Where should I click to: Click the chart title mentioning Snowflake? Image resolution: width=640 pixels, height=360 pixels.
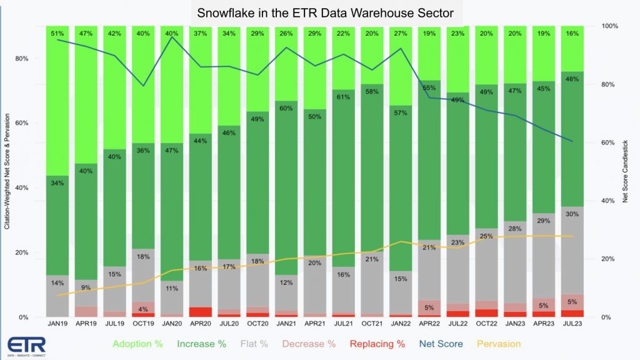(319, 12)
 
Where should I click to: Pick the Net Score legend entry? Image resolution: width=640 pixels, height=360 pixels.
(442, 344)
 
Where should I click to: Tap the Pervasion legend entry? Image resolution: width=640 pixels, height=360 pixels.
(499, 344)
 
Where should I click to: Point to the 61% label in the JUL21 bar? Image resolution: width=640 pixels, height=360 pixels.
(342, 97)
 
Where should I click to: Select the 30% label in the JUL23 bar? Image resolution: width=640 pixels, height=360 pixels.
(572, 214)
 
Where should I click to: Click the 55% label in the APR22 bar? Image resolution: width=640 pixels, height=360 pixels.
(429, 88)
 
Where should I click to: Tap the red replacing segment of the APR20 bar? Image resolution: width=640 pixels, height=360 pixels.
(200, 311)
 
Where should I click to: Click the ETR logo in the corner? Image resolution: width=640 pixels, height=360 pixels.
(22, 345)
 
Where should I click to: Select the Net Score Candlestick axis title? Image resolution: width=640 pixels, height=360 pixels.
(624, 171)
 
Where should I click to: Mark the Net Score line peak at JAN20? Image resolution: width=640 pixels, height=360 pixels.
(172, 37)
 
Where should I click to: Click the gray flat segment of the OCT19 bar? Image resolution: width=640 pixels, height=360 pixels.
(144, 275)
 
